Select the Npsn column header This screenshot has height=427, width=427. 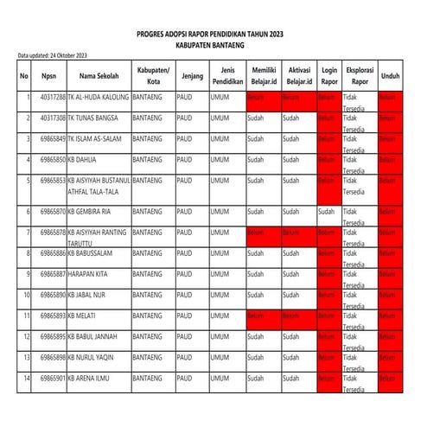[49, 75]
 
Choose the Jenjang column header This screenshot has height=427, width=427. [192, 75]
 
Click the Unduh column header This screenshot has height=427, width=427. [390, 75]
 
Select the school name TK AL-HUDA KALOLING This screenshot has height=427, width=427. [98, 97]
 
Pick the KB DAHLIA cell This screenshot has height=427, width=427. [83, 159]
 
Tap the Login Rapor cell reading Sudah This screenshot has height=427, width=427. [326, 211]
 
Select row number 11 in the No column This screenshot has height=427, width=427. [29, 315]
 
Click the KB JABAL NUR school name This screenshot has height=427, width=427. [90, 294]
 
